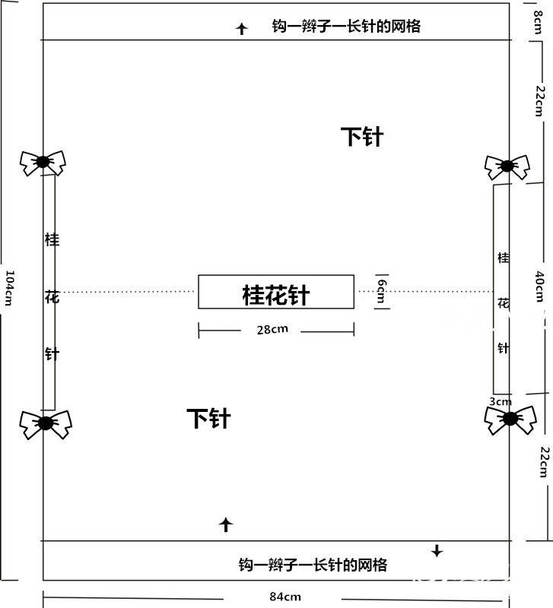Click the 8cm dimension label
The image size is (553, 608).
click(538, 22)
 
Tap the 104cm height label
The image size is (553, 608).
click(9, 288)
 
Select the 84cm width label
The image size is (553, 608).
click(285, 597)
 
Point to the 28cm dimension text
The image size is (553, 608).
click(272, 330)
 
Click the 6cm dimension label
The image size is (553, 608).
click(382, 291)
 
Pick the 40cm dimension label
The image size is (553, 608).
click(540, 287)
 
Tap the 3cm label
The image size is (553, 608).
click(501, 402)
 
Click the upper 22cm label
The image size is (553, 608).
click(540, 101)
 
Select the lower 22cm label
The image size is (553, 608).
click(545, 462)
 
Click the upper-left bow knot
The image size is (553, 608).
click(43, 163)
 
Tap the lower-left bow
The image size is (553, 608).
click(46, 424)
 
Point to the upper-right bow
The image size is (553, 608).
click(507, 166)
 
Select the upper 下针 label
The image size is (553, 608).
click(362, 137)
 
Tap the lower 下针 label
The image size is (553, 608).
click(208, 419)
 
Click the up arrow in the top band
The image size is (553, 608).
click(242, 29)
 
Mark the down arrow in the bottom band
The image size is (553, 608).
click(437, 550)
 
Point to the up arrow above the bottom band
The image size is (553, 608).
click(226, 525)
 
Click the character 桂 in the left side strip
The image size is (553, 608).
click(52, 239)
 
